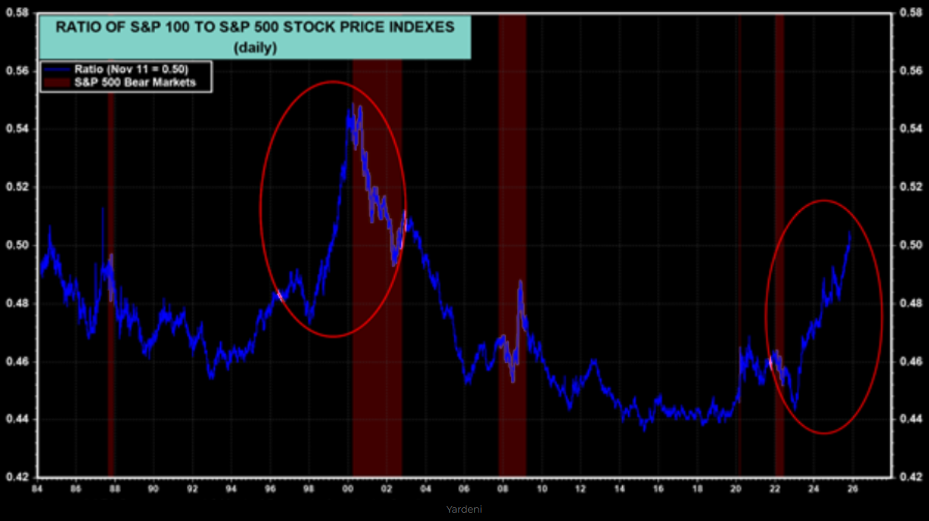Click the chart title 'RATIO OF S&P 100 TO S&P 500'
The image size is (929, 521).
point(255,27)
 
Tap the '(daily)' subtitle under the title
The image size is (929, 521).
point(255,48)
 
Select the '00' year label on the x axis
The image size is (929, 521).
point(348,489)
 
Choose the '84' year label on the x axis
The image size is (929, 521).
point(36,489)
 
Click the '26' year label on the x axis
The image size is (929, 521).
point(852,489)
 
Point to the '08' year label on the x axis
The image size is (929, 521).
point(503,489)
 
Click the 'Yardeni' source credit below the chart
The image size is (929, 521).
point(465,510)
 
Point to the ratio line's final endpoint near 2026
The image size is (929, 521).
point(850,232)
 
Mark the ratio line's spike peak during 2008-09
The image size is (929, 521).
point(521,281)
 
